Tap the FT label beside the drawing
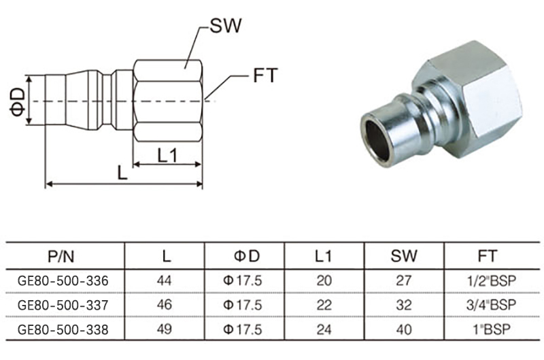(x=265, y=76)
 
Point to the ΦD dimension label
(x=18, y=101)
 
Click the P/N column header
(x=63, y=257)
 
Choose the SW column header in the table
(x=404, y=257)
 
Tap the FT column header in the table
(x=488, y=257)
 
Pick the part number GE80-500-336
(x=63, y=280)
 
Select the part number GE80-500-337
(x=63, y=305)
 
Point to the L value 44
(x=165, y=280)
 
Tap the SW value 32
(x=404, y=305)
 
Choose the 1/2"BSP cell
(x=488, y=280)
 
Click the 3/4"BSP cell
(x=488, y=305)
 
